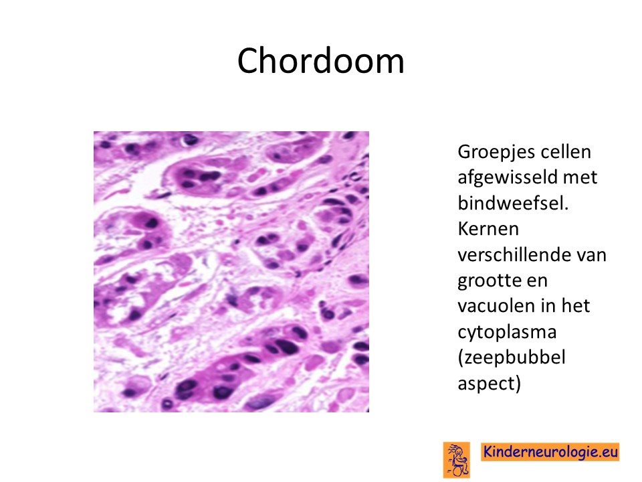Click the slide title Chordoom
(320, 61)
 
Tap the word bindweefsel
(513, 203)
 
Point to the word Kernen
(488, 229)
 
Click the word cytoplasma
(507, 332)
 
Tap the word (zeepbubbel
(512, 357)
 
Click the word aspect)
(490, 384)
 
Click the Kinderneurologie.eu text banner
(550, 452)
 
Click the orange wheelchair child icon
(457, 460)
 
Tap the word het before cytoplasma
(576, 306)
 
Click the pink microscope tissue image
(231, 272)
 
